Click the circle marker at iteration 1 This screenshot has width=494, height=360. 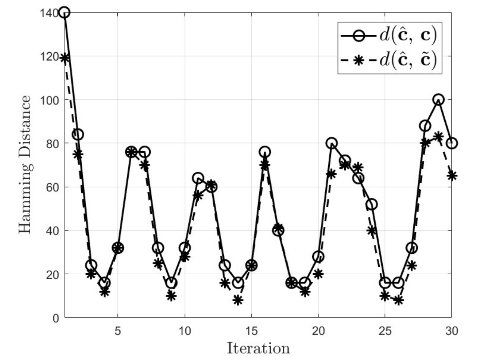tap(64, 13)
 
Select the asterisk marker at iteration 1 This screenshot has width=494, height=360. tap(64, 58)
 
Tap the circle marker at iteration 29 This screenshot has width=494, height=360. tap(439, 100)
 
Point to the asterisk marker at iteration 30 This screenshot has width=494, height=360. tap(452, 176)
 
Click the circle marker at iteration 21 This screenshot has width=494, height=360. tap(332, 143)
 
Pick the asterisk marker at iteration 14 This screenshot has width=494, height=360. tap(238, 300)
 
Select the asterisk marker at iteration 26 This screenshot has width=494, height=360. tap(398, 300)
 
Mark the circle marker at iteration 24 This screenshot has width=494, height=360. tap(372, 204)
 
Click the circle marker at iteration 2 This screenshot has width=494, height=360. tap(78, 135)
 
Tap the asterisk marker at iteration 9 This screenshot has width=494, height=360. tap(171, 296)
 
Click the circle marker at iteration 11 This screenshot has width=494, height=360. tap(198, 178)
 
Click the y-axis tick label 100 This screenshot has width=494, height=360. tap(49, 100)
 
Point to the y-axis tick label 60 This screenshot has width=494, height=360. tap(52, 187)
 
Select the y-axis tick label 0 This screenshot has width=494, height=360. tap(56, 318)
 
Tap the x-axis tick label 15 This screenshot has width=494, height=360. tap(251, 331)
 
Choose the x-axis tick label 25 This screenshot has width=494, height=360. tap(385, 331)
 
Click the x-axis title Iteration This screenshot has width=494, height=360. tap(258, 348)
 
